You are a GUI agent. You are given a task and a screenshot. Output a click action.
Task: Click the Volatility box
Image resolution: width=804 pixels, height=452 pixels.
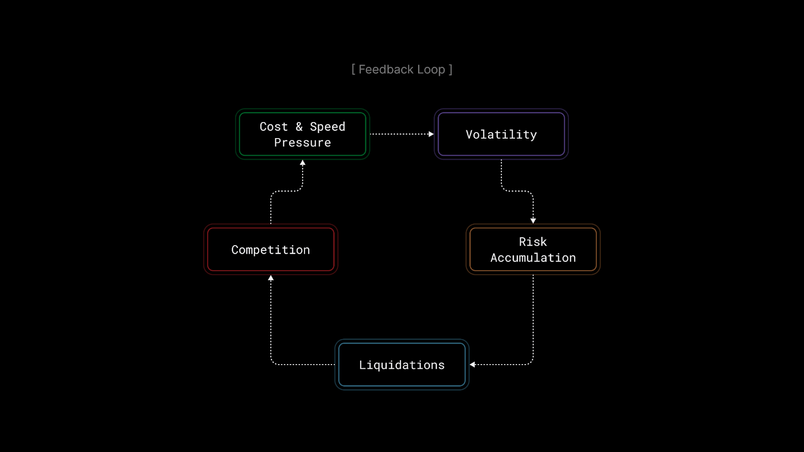click(x=501, y=134)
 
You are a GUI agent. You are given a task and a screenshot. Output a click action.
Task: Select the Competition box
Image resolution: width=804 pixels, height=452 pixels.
click(x=270, y=250)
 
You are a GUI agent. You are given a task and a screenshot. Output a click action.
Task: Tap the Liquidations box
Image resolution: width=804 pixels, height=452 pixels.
click(x=401, y=365)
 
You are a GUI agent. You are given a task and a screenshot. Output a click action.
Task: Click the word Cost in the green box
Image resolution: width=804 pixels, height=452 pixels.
click(x=273, y=127)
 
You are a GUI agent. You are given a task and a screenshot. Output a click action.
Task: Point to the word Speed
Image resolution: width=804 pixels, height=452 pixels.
click(x=328, y=127)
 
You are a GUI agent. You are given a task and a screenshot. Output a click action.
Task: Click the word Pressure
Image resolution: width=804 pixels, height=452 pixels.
click(x=303, y=143)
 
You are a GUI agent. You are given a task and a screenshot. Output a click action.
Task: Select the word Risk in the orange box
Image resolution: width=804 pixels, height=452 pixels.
click(x=533, y=242)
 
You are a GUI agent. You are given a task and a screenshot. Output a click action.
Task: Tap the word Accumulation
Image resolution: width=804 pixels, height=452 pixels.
click(x=533, y=258)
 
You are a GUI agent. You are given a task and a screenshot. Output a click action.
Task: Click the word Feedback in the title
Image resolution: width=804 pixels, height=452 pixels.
click(x=385, y=69)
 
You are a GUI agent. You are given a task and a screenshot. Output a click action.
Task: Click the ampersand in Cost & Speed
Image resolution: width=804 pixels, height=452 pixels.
click(x=299, y=127)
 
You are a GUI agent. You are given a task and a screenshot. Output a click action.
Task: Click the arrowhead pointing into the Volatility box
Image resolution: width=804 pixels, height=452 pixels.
click(x=431, y=134)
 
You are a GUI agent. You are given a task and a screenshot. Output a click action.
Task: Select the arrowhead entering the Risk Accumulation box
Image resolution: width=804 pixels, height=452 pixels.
click(x=533, y=220)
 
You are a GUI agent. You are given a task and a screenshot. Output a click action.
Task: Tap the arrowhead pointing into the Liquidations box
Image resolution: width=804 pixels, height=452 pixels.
click(x=472, y=365)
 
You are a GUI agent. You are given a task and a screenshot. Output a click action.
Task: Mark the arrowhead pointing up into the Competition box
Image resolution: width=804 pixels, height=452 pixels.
click(x=271, y=278)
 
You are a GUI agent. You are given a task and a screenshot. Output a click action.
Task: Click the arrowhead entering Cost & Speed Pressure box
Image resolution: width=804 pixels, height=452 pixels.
click(x=303, y=163)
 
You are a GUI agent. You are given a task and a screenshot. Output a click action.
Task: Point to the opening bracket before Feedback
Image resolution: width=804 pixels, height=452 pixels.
click(x=353, y=69)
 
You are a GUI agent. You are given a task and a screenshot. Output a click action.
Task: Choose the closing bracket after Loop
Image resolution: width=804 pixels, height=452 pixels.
click(x=451, y=69)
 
